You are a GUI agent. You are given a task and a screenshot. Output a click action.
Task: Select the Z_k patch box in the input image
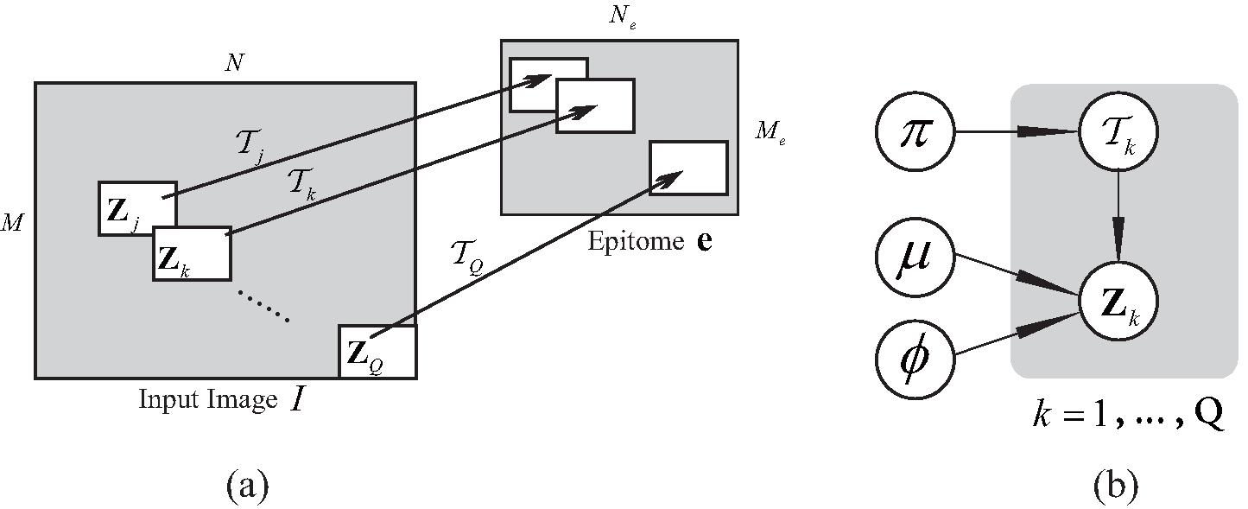[192, 254]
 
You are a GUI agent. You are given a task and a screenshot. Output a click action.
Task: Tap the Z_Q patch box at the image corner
[377, 352]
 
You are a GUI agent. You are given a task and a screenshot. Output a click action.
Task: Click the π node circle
[915, 133]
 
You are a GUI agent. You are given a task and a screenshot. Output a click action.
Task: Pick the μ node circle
[915, 258]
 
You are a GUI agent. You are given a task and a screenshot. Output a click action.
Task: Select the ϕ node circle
[915, 356]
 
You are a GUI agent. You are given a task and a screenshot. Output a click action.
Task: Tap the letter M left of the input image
[13, 224]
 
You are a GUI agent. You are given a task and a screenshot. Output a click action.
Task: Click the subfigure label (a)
[248, 487]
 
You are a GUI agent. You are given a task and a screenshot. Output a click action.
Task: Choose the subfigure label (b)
[1115, 487]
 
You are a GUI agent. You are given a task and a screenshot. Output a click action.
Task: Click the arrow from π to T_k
[1015, 133]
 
